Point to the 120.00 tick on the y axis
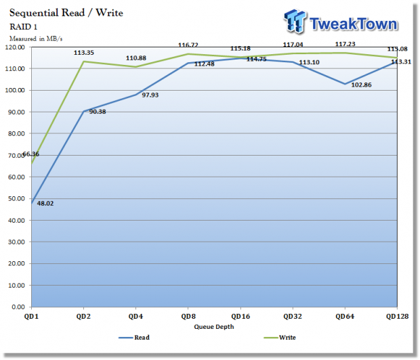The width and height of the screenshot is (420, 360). point(15,47)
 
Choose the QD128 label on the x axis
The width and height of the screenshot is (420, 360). point(397,315)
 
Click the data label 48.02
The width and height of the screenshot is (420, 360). point(45,203)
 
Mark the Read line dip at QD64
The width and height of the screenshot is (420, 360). point(345,84)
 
